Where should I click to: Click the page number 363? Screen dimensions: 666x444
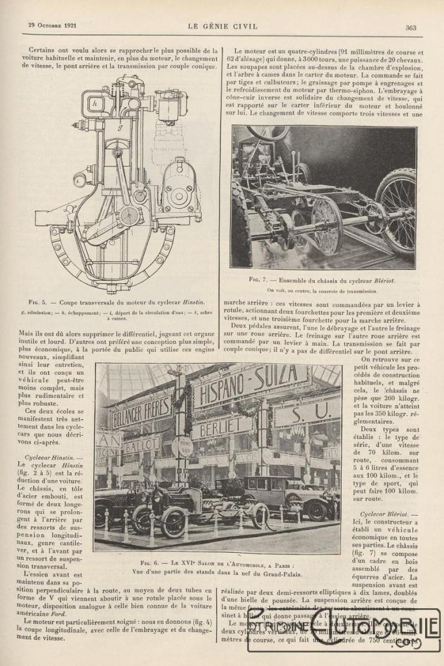(410, 27)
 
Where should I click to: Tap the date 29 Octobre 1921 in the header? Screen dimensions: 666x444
(51, 27)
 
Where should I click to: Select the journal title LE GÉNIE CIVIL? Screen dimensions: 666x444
(222, 27)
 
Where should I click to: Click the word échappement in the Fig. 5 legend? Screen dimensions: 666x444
(92, 312)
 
